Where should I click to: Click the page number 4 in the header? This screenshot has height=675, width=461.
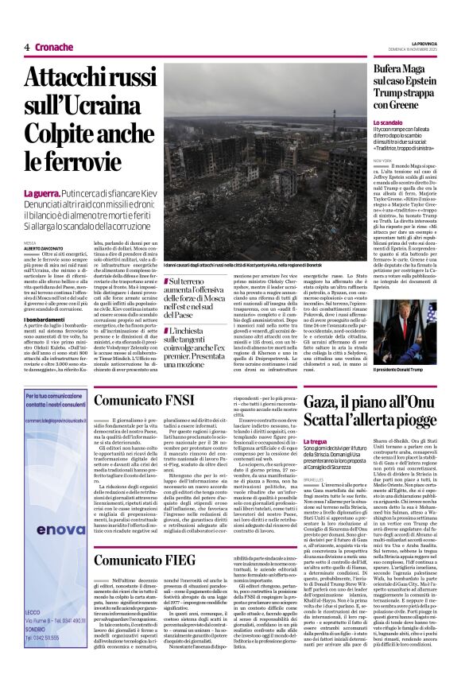26,47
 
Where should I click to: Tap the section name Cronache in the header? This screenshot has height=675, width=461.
54,47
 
